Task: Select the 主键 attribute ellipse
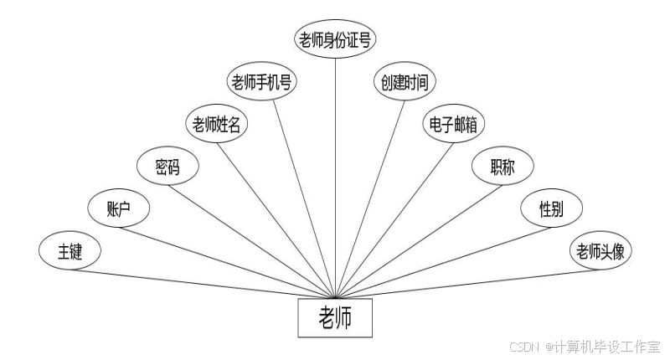coord(70,251)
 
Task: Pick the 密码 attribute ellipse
coord(167,166)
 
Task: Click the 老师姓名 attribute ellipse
coord(217,126)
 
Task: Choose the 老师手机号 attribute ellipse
coord(263,82)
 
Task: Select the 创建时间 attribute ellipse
coord(405,82)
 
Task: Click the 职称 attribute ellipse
coord(502,166)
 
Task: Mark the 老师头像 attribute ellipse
coord(600,251)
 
